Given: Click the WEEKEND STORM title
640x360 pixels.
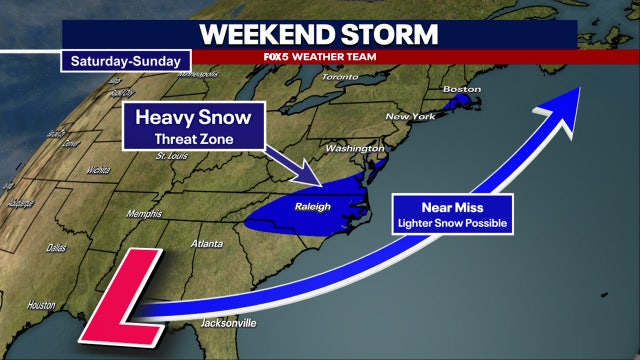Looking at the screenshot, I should coord(319,33).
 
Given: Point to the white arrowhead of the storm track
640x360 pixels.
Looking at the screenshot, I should coord(565,99).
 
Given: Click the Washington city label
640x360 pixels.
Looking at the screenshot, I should coord(348,149).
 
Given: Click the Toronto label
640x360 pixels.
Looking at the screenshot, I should coord(340,77).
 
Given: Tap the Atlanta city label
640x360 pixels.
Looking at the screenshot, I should coord(210,243).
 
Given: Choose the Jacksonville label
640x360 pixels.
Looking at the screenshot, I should coord(229,323).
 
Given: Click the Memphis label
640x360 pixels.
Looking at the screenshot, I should coord(143,214).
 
